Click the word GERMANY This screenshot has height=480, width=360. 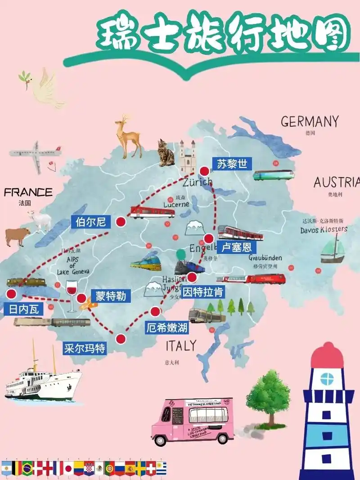pyautogui.click(x=310, y=121)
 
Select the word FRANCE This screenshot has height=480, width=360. pyautogui.click(x=28, y=193)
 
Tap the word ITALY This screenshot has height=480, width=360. pyautogui.click(x=181, y=345)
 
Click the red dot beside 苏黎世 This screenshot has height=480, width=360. pyautogui.click(x=205, y=171)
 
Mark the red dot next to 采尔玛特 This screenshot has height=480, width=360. pyautogui.click(x=121, y=339)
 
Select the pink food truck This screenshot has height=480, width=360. pyautogui.click(x=191, y=421)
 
